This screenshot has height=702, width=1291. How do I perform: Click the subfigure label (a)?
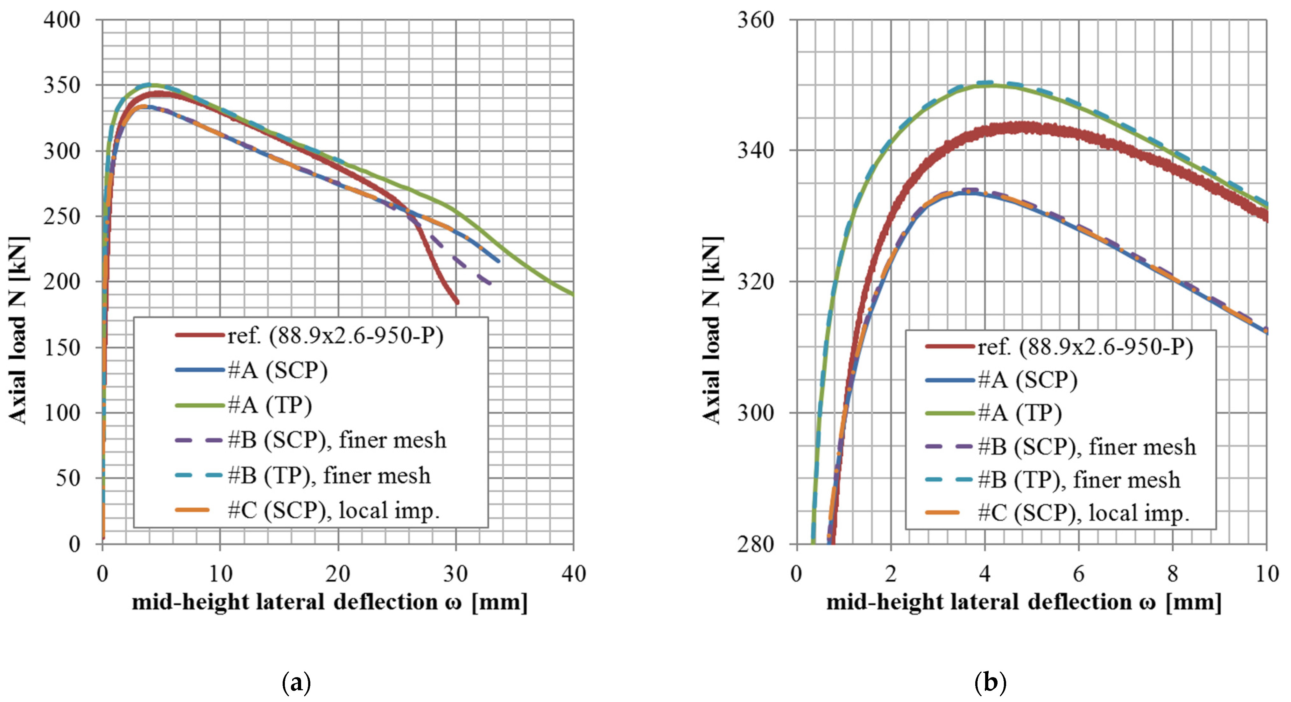click(x=296, y=683)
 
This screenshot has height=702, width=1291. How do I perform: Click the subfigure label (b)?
click(x=990, y=683)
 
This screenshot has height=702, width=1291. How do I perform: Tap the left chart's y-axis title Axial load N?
click(x=18, y=331)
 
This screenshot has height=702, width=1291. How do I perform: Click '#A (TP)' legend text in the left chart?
click(x=270, y=405)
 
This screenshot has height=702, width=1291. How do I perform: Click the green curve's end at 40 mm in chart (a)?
click(x=572, y=294)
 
